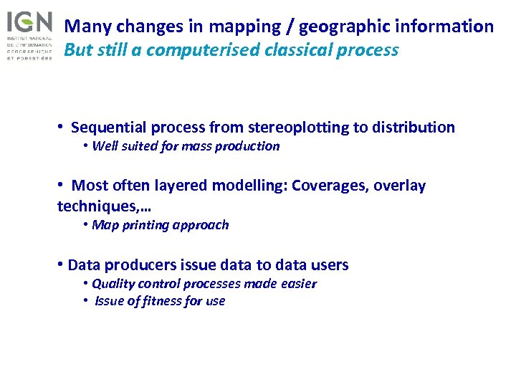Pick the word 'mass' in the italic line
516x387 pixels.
click(193, 146)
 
